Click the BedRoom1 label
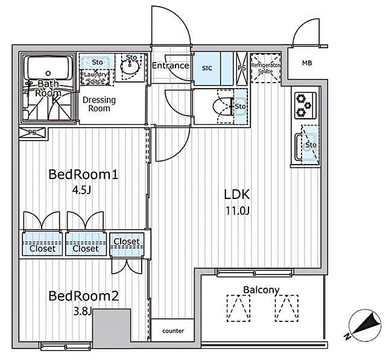[83, 175]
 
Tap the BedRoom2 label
[83, 296]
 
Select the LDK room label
[237, 195]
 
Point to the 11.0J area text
[237, 212]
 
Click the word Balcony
[261, 290]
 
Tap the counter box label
[172, 331]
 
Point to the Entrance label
[170, 66]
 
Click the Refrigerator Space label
[265, 66]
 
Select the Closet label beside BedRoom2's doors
[127, 242]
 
